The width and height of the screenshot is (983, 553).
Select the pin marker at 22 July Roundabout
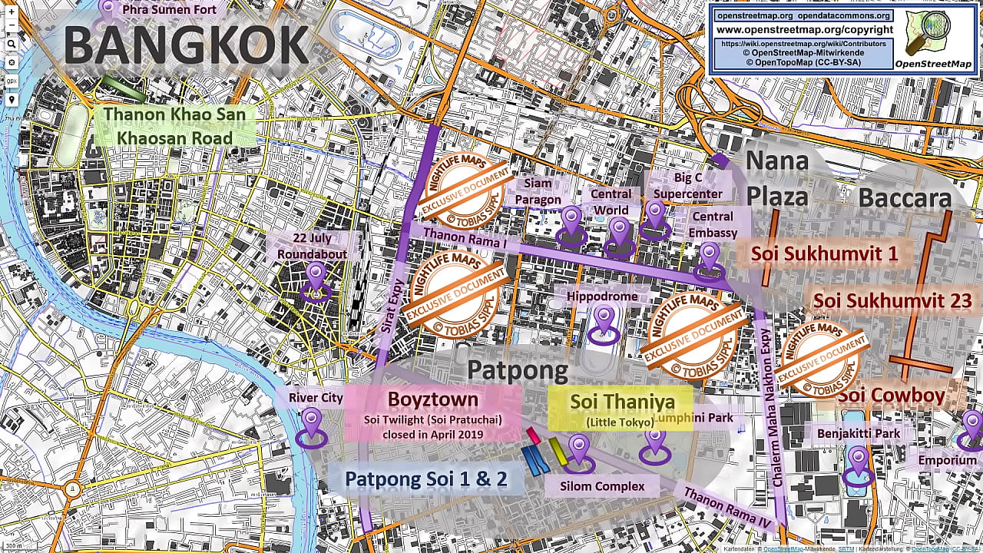tap(316, 281)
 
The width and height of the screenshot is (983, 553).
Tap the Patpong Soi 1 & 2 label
tap(425, 479)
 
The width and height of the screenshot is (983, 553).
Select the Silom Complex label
tap(601, 485)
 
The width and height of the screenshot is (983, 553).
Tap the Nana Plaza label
tap(776, 178)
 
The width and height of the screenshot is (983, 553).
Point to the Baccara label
tap(904, 197)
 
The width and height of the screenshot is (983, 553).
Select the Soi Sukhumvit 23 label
tap(892, 300)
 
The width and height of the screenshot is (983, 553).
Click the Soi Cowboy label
tap(891, 396)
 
